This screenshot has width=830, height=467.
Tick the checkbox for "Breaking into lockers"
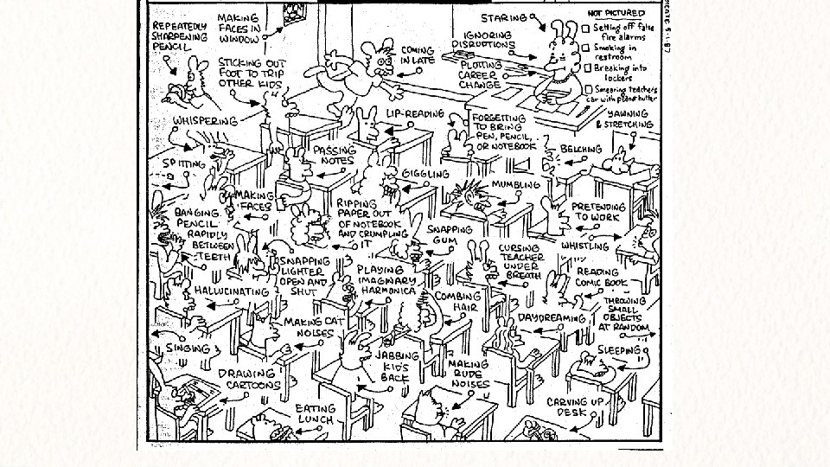click(x=585, y=68)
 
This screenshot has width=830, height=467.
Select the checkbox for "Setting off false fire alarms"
click(x=585, y=28)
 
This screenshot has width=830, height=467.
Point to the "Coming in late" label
click(x=418, y=55)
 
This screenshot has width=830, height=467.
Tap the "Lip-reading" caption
click(x=415, y=113)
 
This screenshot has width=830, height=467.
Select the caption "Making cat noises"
click(x=309, y=328)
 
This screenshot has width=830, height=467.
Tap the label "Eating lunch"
click(x=315, y=413)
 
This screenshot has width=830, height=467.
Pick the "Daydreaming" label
click(x=552, y=318)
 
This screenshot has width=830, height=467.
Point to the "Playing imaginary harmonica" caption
click(x=386, y=281)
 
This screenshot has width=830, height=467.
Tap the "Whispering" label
click(x=206, y=120)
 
